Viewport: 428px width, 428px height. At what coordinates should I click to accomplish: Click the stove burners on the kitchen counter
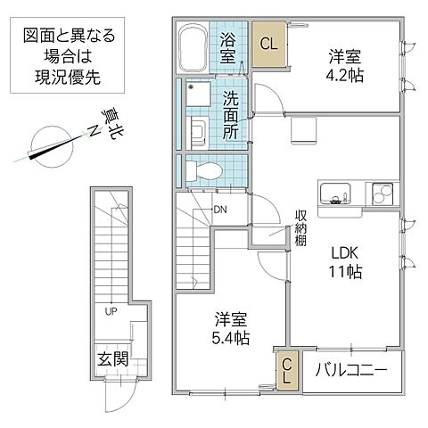381,194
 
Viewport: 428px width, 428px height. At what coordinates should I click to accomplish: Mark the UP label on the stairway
111,312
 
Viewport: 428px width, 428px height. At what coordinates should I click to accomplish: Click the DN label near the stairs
219,210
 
